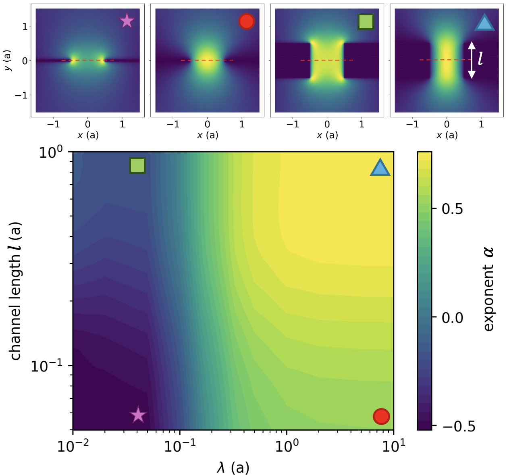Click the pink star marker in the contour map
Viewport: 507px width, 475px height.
[138, 415]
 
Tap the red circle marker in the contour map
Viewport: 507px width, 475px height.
[381, 416]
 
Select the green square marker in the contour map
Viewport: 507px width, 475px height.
[137, 165]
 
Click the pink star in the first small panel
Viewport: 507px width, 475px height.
[127, 21]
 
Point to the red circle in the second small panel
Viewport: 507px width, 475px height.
[246, 21]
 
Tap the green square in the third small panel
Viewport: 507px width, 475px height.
[366, 22]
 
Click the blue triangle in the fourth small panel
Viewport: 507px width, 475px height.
[484, 23]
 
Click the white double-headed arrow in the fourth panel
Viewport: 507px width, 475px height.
[472, 60]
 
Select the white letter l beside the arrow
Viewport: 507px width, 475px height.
[480, 58]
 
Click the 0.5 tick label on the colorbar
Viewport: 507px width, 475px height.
[452, 209]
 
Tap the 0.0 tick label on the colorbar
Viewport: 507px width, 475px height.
[452, 318]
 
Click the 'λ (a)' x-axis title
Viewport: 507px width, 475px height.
[233, 468]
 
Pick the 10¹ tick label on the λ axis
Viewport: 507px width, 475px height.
[393, 446]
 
